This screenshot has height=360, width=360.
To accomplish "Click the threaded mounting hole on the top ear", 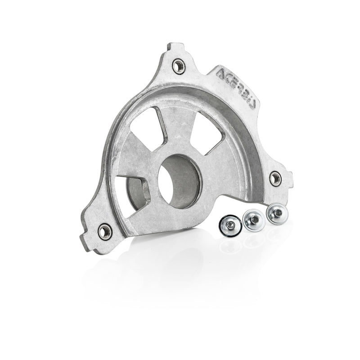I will [x=179, y=66].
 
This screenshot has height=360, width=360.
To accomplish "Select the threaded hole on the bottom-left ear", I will [x=104, y=231].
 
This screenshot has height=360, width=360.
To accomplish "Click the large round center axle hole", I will [x=179, y=180].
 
